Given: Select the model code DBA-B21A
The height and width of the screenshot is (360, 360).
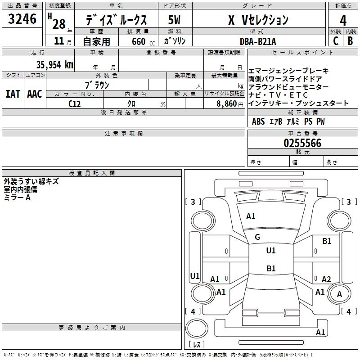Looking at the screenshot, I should click(258, 41).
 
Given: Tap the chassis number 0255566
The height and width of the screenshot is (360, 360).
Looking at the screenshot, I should click(302, 143).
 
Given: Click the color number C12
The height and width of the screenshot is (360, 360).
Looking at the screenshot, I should click(75, 103).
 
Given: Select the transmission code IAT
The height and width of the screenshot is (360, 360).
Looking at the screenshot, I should click(13, 94).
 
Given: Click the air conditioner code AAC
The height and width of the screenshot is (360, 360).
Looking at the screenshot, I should click(34, 94).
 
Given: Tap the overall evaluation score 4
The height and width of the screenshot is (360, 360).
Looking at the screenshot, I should click(343, 20).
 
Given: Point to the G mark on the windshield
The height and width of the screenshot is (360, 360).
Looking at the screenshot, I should click(257, 237).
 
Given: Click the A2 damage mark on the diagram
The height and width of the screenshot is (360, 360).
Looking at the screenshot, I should click(326, 279).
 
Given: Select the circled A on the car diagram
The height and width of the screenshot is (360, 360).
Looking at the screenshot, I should click(339, 294).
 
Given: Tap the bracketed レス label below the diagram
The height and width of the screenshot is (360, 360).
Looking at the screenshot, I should click(197, 345).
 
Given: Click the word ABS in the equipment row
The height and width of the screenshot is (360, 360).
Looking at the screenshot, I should click(258, 121).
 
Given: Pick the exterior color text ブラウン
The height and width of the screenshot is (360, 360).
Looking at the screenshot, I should click(97, 84).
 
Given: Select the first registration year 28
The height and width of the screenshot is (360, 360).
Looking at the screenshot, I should click(58, 23).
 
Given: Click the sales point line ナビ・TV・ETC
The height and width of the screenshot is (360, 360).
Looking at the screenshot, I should click(278, 95).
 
